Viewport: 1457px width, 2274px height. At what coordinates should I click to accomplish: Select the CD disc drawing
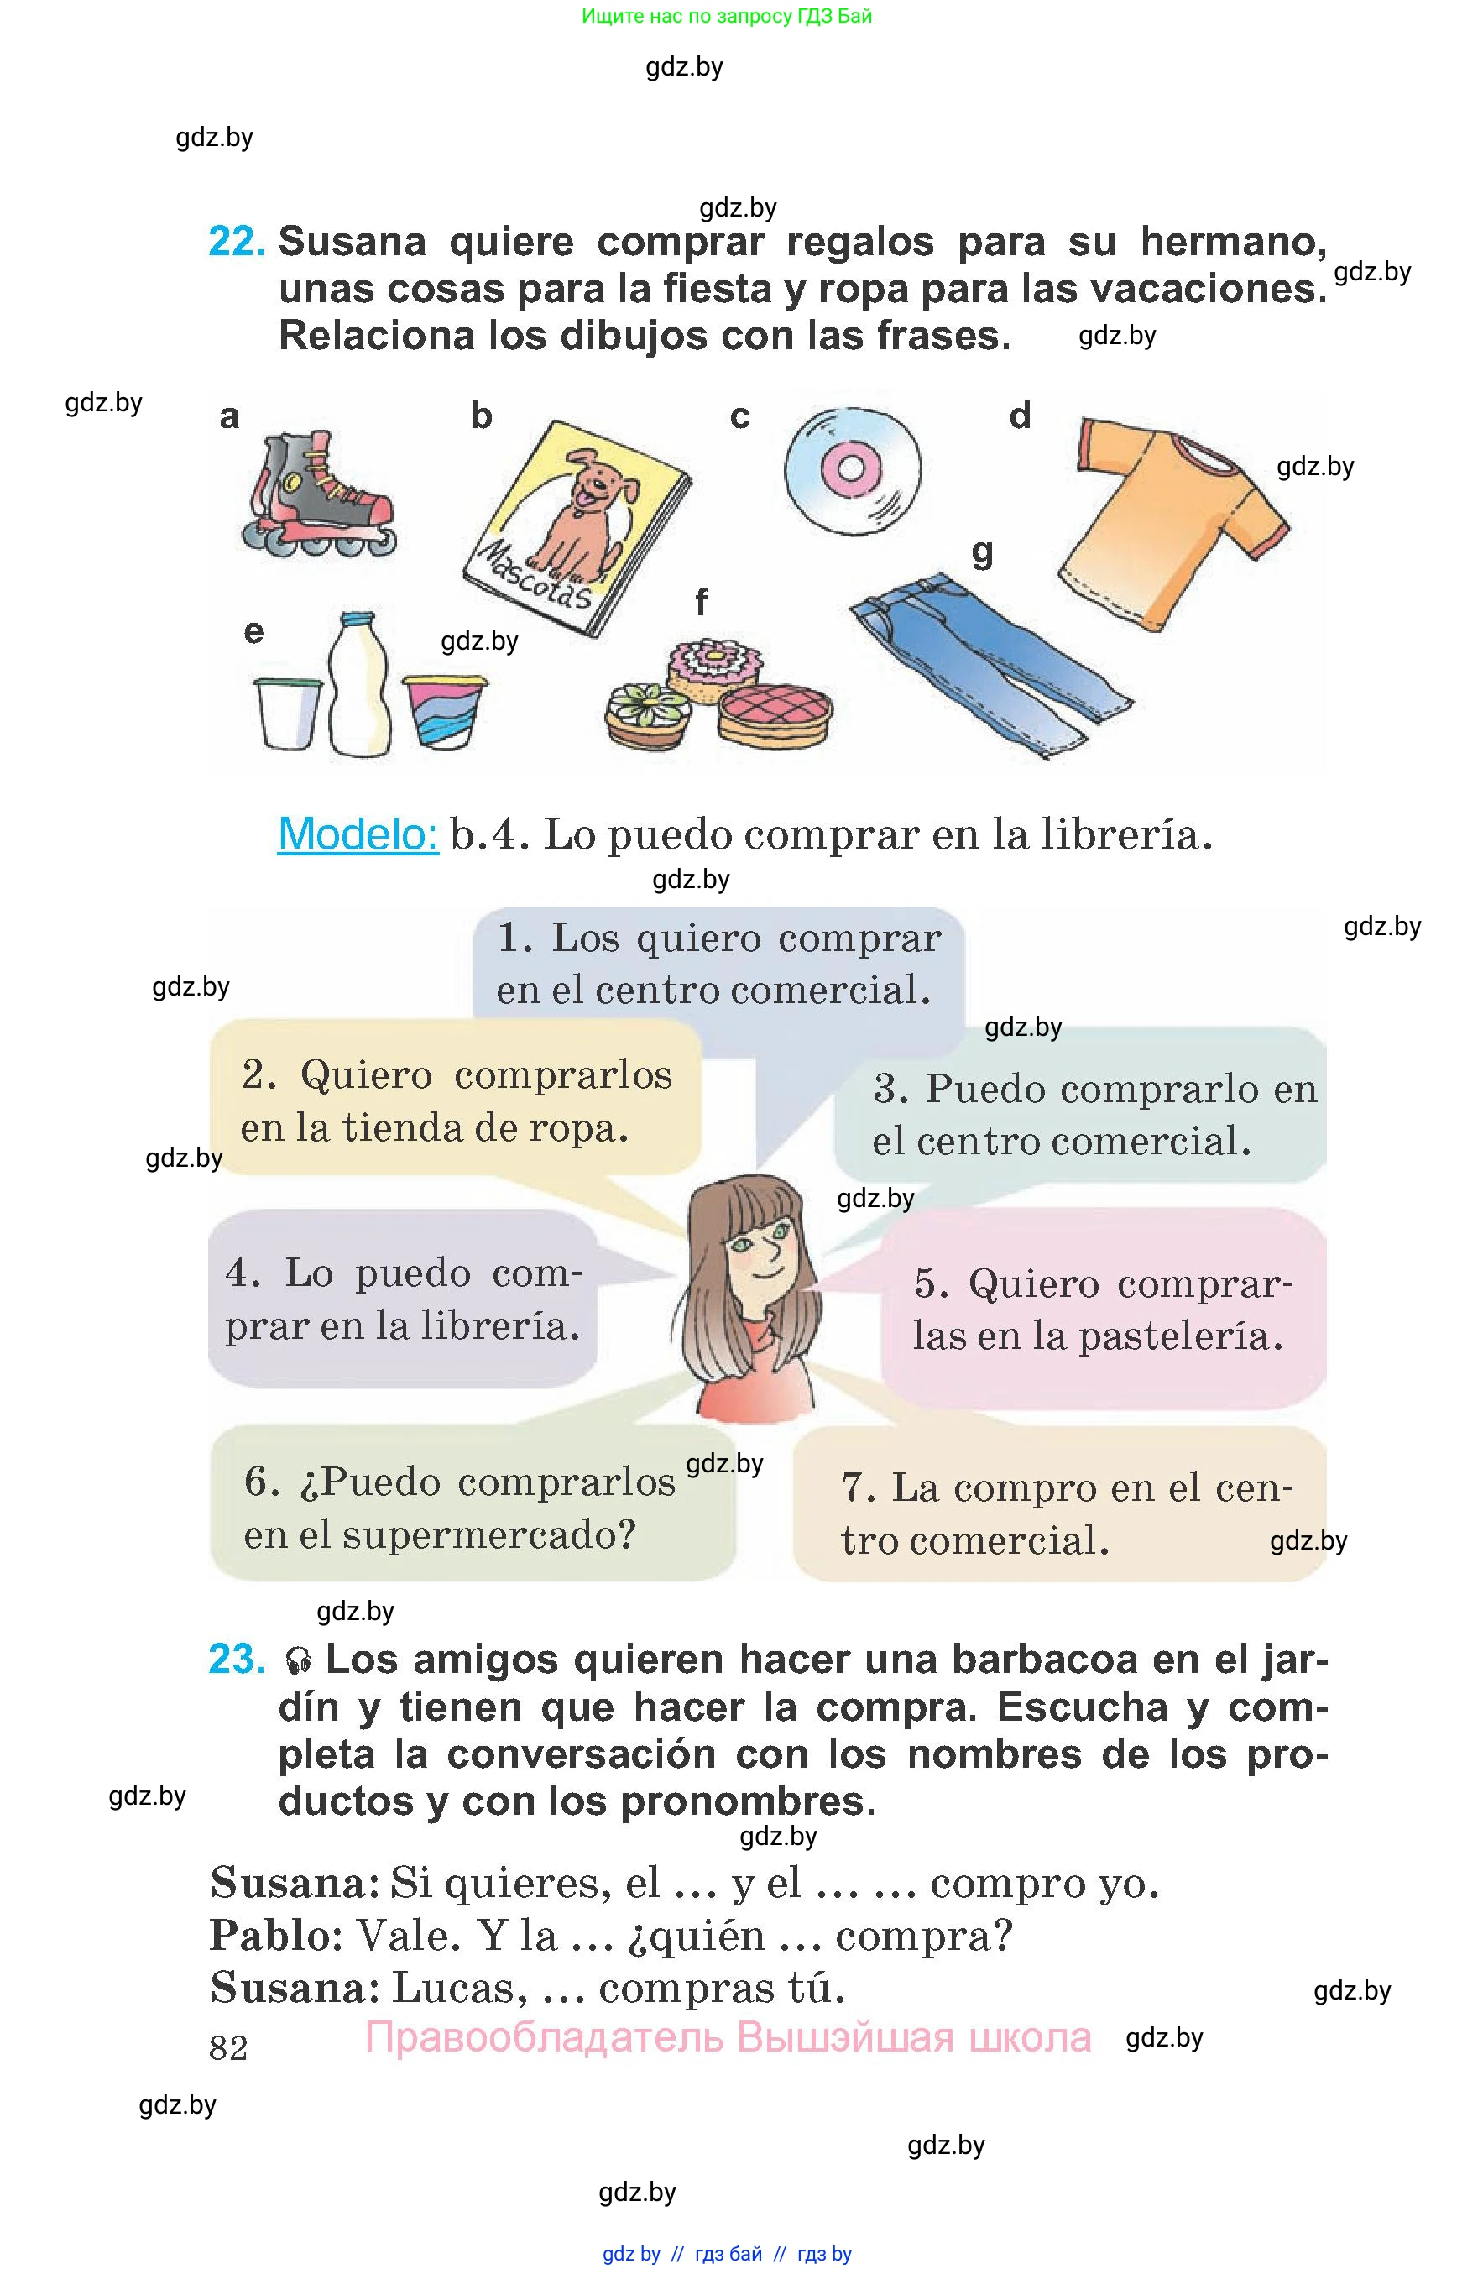tap(852, 468)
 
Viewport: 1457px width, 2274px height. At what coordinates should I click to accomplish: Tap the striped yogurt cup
tap(445, 712)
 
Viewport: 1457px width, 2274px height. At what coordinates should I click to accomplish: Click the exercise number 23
tap(237, 1659)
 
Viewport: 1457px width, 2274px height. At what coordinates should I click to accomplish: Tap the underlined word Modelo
tap(358, 834)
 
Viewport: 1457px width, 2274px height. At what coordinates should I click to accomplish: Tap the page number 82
tap(228, 2048)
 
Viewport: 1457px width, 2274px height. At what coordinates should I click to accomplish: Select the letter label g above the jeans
tap(982, 552)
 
